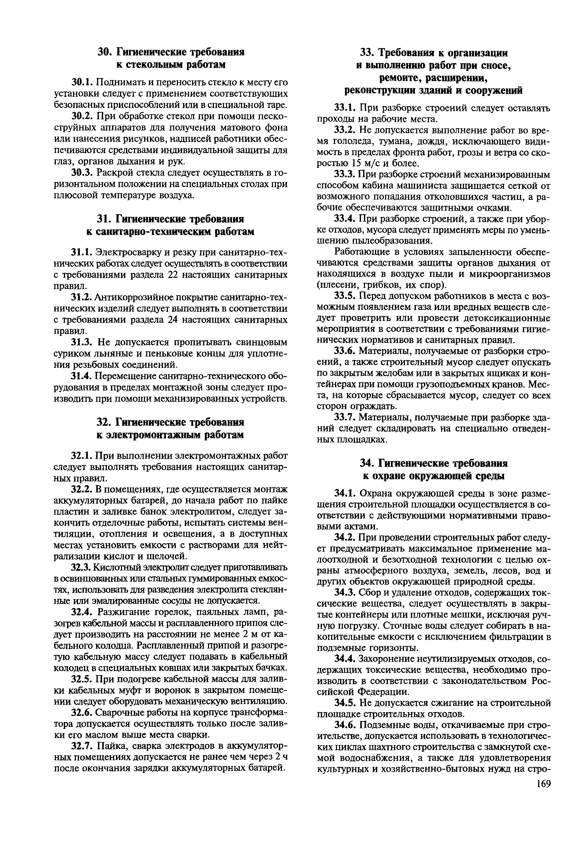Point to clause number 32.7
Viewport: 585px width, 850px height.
[83, 746]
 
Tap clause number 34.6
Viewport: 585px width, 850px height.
[345, 725]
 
